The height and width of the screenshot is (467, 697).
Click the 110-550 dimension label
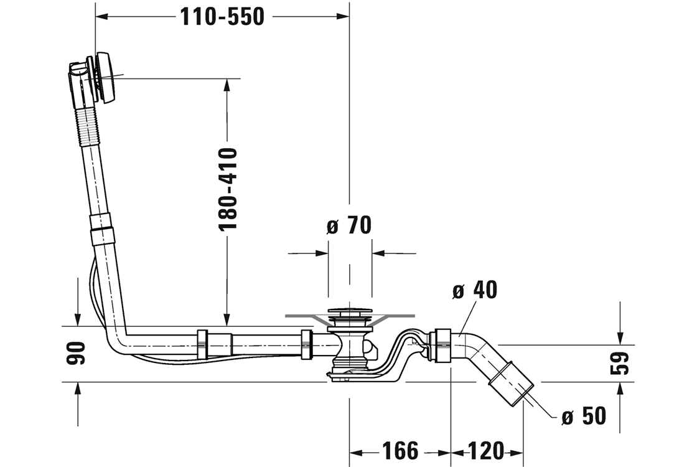click(x=222, y=17)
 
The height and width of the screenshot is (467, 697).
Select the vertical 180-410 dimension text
click(x=228, y=189)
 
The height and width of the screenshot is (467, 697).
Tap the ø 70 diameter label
click(x=348, y=225)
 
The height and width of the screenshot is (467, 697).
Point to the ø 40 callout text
click(x=475, y=290)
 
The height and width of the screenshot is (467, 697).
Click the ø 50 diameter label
click(x=583, y=416)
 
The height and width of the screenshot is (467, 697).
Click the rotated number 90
click(x=77, y=354)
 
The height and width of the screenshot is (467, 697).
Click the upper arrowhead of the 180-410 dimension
click(x=227, y=86)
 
